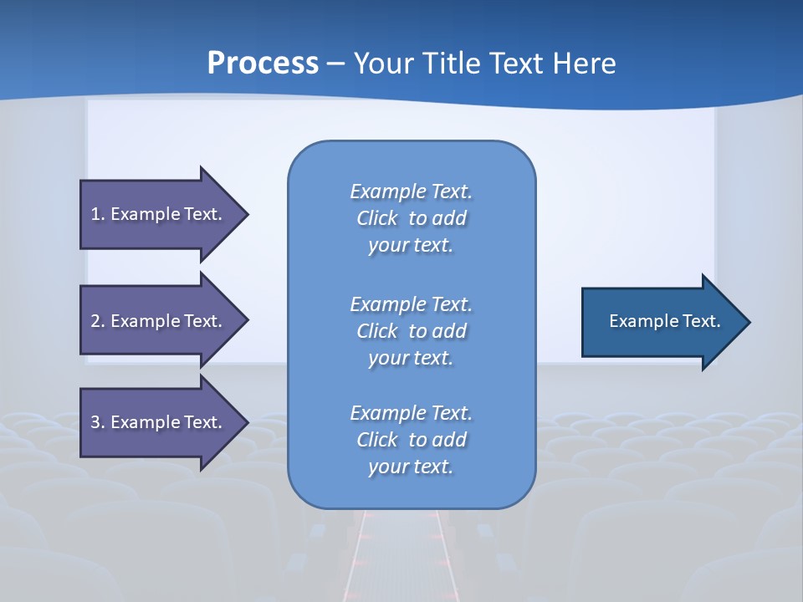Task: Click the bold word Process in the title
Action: (263, 64)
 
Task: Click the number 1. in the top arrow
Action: (98, 214)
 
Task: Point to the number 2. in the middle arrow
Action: (98, 321)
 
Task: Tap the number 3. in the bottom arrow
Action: (98, 422)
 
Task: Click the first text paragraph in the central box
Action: (411, 218)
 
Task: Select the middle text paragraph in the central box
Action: (411, 331)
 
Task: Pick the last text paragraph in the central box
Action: (411, 440)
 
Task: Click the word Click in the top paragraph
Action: (377, 218)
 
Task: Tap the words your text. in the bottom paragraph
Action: (411, 467)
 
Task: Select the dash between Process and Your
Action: (335, 64)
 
